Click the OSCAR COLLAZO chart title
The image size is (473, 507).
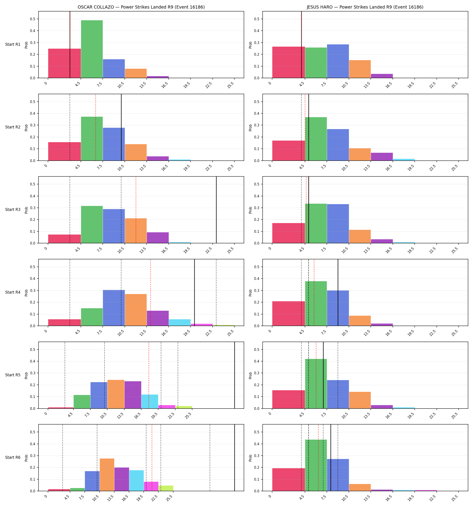(141, 7)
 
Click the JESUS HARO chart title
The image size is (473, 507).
(365, 7)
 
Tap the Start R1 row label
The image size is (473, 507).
(13, 44)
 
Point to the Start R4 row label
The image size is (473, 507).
(13, 292)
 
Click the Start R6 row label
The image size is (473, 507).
(13, 457)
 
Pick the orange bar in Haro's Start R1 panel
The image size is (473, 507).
(360, 69)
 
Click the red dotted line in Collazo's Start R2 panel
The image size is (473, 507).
(96, 127)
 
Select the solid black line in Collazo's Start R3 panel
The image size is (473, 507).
(216, 210)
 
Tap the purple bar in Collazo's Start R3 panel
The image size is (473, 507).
(158, 238)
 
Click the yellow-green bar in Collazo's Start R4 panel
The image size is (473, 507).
(224, 325)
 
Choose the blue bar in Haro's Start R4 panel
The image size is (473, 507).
(338, 308)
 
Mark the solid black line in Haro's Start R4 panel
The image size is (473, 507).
(338, 292)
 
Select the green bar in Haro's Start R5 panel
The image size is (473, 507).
(316, 384)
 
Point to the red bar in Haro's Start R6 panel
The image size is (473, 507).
(289, 480)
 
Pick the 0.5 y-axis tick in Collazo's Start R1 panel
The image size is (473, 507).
(33, 19)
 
